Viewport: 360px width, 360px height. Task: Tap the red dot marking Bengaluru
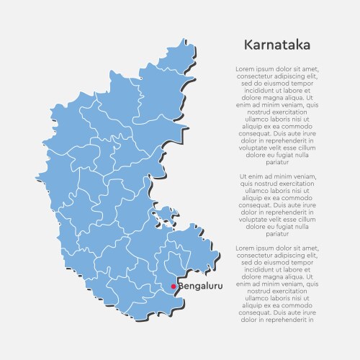coord(173,287)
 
